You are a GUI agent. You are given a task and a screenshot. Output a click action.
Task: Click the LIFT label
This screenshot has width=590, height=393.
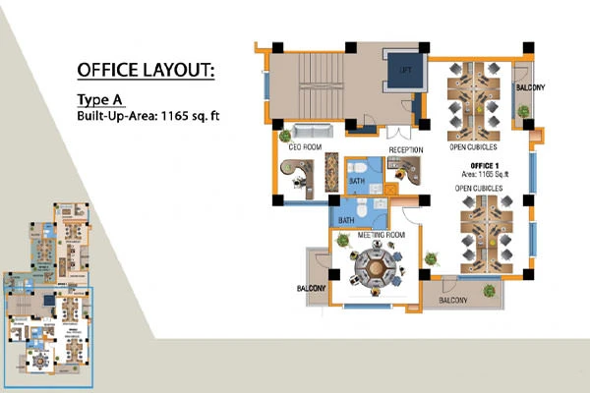tap(405, 70)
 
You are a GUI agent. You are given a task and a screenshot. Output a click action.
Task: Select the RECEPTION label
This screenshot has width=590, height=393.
tap(404, 149)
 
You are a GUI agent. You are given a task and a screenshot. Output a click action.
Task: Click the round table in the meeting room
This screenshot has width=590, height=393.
tap(375, 266)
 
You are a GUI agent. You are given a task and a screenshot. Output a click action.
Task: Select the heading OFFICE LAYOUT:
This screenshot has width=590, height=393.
tap(145, 70)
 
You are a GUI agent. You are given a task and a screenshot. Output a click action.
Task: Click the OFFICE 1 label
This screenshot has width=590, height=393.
tap(485, 164)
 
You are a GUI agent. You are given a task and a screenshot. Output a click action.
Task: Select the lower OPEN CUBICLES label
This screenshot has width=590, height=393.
tap(479, 187)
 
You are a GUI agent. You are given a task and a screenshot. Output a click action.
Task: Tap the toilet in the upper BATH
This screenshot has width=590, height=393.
tap(357, 179)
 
